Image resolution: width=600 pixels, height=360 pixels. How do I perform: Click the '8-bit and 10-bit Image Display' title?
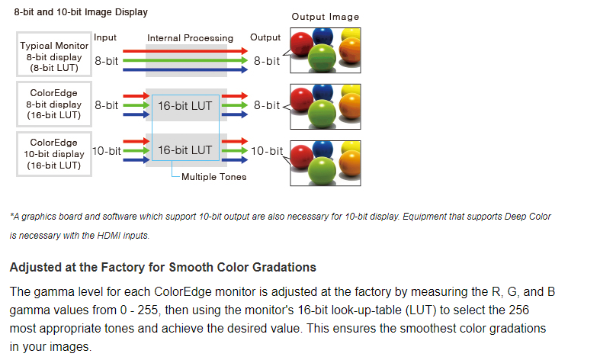[x=81, y=12]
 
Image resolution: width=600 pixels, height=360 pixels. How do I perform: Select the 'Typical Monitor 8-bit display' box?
[x=54, y=54]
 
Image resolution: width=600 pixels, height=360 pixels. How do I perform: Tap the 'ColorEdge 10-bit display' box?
[x=54, y=154]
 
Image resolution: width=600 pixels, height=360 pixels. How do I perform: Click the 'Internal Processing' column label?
[x=190, y=38]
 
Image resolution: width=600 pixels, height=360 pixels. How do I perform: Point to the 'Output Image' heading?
[x=326, y=17]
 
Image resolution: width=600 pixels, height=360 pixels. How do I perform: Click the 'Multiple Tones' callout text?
[x=214, y=177]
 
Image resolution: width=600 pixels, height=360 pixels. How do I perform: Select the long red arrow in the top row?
[x=185, y=50]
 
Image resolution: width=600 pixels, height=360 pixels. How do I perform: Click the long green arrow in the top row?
[x=185, y=60]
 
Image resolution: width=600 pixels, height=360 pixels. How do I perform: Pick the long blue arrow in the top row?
[x=185, y=69]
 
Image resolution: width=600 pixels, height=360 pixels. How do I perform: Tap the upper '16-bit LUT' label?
[x=185, y=106]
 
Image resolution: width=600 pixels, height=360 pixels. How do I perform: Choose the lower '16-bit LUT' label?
[x=185, y=150]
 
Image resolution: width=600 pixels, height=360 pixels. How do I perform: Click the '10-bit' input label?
[x=107, y=151]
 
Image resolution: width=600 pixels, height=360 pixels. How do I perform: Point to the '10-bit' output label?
[x=267, y=151]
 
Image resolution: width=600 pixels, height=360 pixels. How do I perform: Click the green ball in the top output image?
[x=322, y=58]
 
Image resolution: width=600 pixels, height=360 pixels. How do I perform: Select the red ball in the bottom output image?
[x=302, y=156]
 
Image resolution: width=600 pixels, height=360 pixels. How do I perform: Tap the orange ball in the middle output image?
[x=350, y=107]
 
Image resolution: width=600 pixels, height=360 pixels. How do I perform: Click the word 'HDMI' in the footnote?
[x=108, y=236]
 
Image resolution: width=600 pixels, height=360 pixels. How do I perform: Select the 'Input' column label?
[x=105, y=37]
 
